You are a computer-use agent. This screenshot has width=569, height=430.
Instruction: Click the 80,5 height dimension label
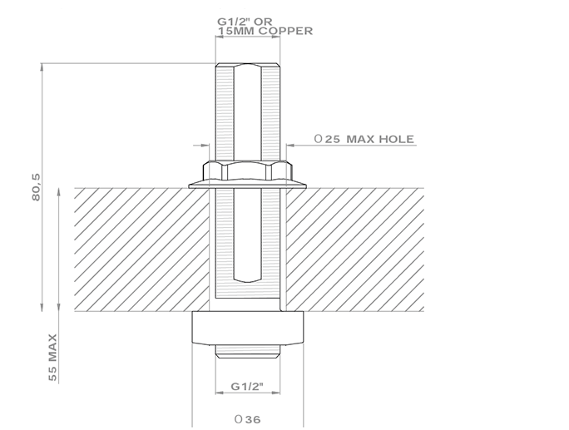coord(37,187)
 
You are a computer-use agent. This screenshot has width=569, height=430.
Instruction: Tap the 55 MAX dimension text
coord(52,358)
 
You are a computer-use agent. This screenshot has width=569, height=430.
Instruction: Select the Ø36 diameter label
coord(248,419)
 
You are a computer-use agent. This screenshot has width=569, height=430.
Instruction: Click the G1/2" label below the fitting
coord(247,387)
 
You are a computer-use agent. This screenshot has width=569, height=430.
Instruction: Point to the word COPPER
coord(285,31)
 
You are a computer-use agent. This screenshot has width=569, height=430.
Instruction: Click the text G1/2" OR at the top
coord(245,22)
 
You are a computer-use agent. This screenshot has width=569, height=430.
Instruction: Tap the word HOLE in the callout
coord(396,139)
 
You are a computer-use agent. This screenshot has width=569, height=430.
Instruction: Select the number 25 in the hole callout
coord(333,140)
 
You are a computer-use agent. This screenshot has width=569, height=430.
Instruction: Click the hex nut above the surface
coord(248,171)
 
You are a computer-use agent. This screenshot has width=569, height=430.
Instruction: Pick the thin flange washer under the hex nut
coord(248,185)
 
